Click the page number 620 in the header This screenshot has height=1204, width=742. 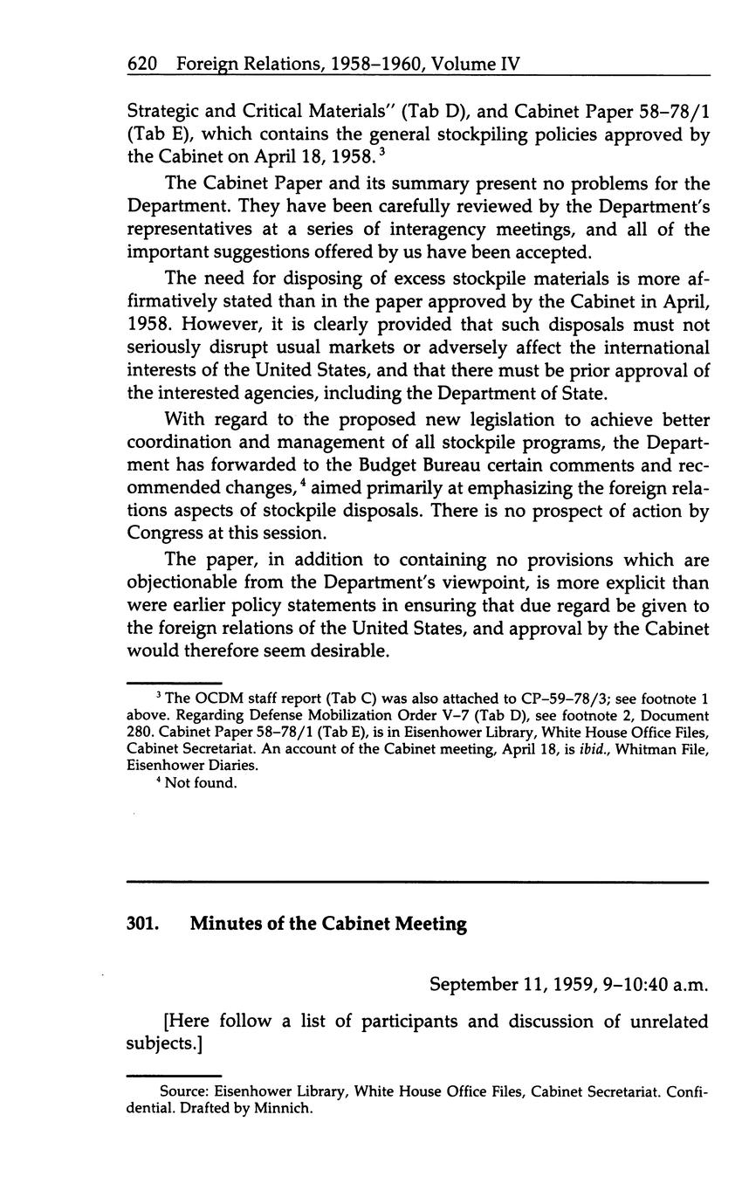point(141,64)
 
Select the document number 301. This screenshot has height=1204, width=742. point(141,924)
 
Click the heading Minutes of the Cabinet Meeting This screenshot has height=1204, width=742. point(328,924)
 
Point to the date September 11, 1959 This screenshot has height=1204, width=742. point(510,985)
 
